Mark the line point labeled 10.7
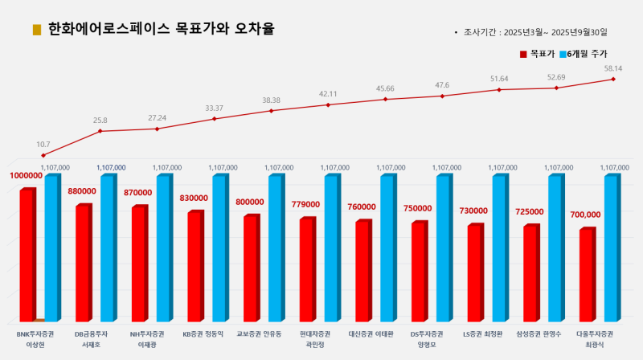pyautogui.click(x=43, y=155)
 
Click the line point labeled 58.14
pyautogui.click(x=613, y=79)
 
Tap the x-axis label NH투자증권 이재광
pyautogui.click(x=147, y=338)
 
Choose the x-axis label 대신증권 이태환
pyautogui.click(x=370, y=333)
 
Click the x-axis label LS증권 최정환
pyautogui.click(x=482, y=333)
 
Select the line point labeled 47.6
pyautogui.click(x=442, y=96)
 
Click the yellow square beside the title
pyautogui.click(x=37, y=30)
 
